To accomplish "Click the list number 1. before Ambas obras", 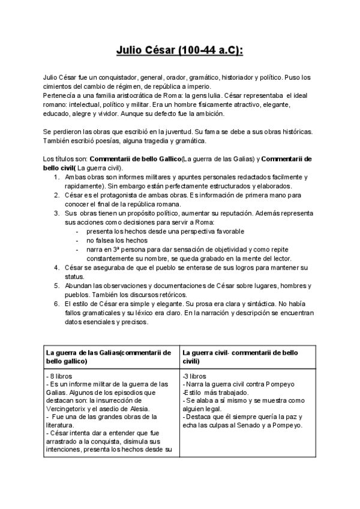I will pos(56,177).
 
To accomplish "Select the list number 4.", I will pos(56,267).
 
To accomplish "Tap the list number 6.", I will pos(56,304).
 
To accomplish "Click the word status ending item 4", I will pos(74,276).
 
